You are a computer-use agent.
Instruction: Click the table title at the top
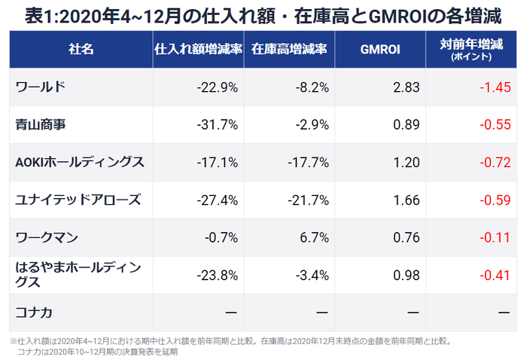click(x=263, y=14)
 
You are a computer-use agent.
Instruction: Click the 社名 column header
click(x=81, y=49)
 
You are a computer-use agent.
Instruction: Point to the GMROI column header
click(x=380, y=49)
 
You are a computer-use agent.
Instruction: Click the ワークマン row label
click(x=47, y=238)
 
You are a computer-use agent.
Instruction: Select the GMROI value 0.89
click(x=407, y=125)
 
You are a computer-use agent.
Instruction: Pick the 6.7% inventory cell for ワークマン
click(x=315, y=238)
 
